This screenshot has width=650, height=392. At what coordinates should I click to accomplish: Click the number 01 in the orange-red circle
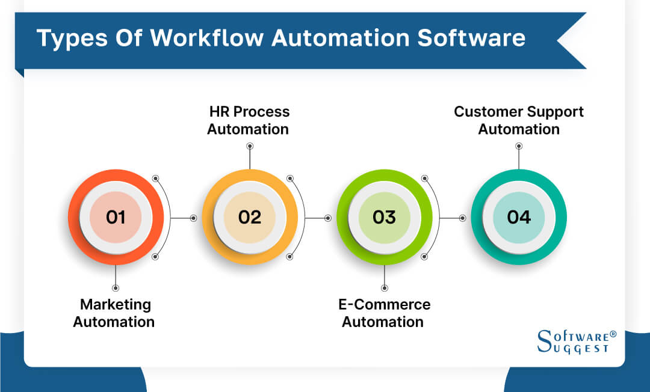[116, 217]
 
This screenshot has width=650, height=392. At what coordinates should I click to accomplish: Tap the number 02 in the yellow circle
[250, 217]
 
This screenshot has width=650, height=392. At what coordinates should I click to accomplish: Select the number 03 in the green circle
[384, 217]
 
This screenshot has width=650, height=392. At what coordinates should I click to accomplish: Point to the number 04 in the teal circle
[519, 217]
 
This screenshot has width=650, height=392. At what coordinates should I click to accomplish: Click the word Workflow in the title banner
[207, 38]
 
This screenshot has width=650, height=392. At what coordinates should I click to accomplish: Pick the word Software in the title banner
[471, 38]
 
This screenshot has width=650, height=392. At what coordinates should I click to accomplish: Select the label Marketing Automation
[114, 313]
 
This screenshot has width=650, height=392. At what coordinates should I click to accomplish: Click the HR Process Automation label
[249, 120]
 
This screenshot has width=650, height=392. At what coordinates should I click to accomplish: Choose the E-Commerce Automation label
[384, 313]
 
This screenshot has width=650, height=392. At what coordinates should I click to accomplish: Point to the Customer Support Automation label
[519, 120]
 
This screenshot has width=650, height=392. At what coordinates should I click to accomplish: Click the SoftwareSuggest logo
[577, 341]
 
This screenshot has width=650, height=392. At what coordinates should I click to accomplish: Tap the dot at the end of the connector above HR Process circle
[250, 146]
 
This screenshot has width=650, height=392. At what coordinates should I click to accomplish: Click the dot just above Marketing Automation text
[116, 288]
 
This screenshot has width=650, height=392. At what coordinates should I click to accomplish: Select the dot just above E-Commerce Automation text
[384, 288]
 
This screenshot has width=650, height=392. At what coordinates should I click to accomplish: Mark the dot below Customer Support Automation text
[519, 146]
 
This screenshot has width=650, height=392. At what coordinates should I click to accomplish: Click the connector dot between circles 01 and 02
[193, 218]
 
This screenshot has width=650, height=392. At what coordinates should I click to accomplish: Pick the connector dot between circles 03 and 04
[463, 218]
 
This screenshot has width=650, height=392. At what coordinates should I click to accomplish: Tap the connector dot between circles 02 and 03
[328, 218]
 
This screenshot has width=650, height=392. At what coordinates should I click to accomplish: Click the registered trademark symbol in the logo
[613, 334]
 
